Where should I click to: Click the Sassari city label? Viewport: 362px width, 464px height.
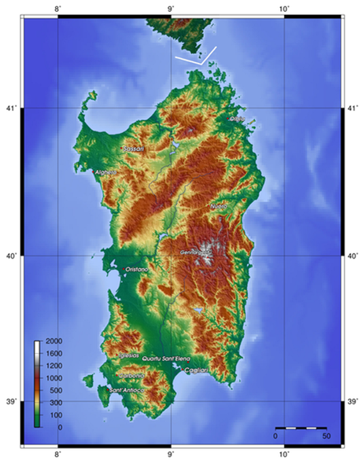click(132, 147)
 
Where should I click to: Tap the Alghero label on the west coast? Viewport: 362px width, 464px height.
click(105, 171)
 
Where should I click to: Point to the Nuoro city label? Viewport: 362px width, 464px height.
click(219, 206)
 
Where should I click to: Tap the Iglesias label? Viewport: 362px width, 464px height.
click(128, 355)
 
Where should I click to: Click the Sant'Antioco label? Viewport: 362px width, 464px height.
click(127, 390)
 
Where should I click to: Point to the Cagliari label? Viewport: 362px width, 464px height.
click(195, 370)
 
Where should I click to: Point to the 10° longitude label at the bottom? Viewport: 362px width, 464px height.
click(283, 455)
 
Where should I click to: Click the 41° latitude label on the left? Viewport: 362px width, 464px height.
click(12, 107)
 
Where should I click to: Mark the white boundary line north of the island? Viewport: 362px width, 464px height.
click(195, 58)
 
